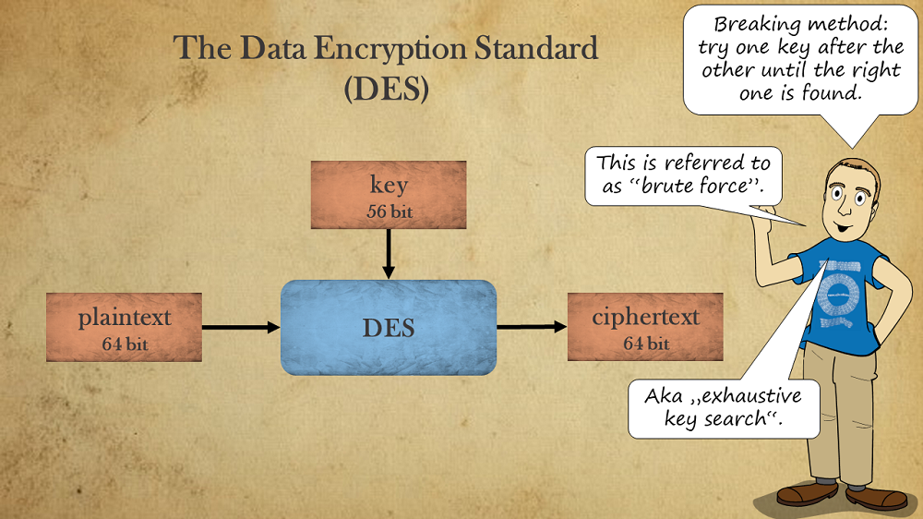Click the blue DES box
click(x=389, y=327)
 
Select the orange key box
click(x=389, y=194)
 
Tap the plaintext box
click(x=125, y=327)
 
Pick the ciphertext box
click(x=645, y=327)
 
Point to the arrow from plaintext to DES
click(x=240, y=327)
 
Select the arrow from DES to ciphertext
click(x=532, y=327)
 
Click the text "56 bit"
click(x=389, y=212)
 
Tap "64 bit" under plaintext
click(x=125, y=344)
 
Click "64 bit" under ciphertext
click(x=645, y=344)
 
